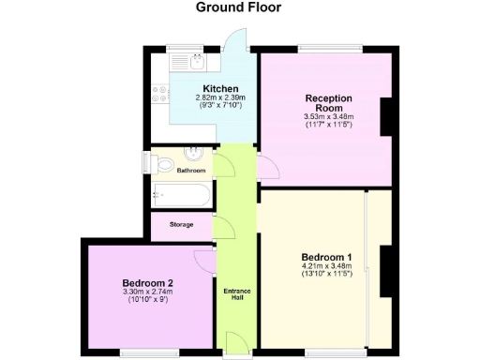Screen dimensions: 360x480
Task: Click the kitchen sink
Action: (x=196, y=61)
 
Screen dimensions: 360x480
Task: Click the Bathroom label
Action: (x=191, y=171)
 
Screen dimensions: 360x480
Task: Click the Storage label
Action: (x=182, y=225)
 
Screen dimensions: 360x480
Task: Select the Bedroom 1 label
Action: (x=326, y=257)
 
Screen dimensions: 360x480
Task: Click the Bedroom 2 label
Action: (x=148, y=282)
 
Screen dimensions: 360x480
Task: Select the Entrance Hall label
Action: (x=236, y=295)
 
